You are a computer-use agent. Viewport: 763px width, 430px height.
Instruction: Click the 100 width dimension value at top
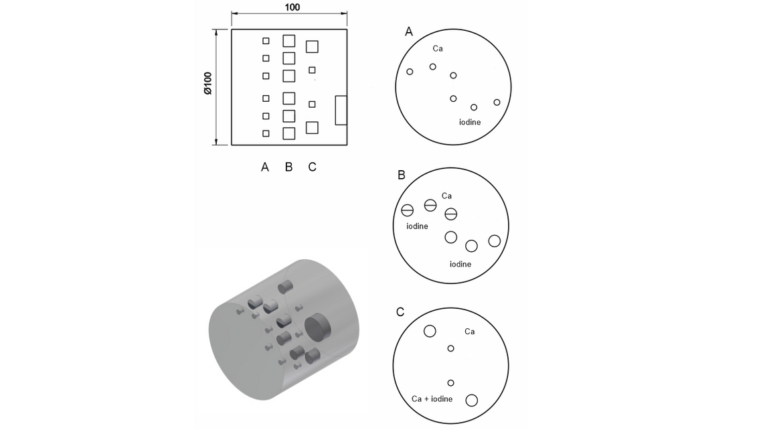click(x=292, y=7)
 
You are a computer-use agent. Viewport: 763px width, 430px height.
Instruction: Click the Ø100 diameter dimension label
click(x=207, y=83)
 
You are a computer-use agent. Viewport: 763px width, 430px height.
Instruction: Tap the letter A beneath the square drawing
click(x=265, y=167)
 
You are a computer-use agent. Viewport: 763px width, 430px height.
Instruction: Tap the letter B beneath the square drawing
click(x=288, y=167)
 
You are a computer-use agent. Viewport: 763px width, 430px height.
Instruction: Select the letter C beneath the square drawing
click(x=313, y=167)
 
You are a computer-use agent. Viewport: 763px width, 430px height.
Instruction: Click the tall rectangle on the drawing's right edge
click(x=341, y=111)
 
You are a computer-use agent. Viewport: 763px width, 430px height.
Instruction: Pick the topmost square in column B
click(x=289, y=41)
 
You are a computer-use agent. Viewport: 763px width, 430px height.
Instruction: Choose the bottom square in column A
click(x=266, y=133)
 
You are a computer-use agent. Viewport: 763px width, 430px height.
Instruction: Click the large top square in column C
click(x=312, y=46)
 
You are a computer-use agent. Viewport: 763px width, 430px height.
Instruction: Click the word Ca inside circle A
click(x=438, y=49)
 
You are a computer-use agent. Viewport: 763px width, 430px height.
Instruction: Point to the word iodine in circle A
click(x=470, y=122)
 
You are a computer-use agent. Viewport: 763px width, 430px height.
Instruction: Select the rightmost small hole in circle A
click(x=497, y=102)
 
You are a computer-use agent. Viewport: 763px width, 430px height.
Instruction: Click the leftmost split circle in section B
click(x=408, y=210)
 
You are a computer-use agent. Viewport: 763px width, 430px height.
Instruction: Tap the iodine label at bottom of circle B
click(x=460, y=264)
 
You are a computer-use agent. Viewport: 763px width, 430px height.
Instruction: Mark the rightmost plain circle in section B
click(x=495, y=240)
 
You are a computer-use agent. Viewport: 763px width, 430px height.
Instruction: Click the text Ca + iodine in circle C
click(x=432, y=399)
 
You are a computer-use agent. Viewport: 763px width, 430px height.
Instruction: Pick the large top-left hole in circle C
click(x=430, y=331)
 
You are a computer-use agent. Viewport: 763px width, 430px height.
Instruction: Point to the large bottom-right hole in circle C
click(x=472, y=401)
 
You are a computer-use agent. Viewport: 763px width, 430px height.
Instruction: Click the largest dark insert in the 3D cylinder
click(x=318, y=327)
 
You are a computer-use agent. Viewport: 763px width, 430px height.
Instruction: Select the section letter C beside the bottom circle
click(x=400, y=312)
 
